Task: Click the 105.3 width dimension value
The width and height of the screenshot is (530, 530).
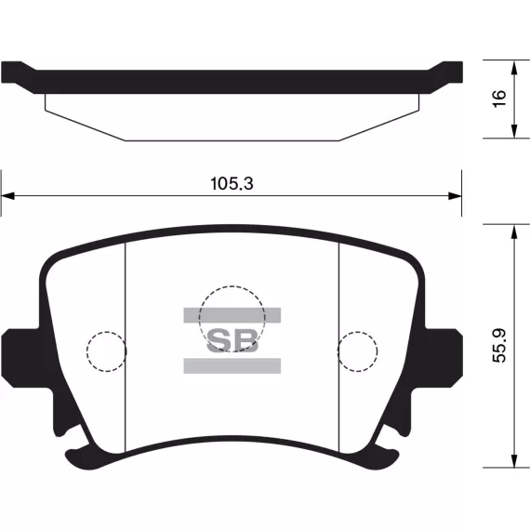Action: point(232,183)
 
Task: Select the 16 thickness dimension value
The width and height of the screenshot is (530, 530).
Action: point(499,99)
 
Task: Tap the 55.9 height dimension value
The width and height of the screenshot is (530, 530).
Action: point(499,346)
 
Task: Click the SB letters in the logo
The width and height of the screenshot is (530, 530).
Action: point(232,340)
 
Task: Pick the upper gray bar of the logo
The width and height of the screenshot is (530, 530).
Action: point(232,315)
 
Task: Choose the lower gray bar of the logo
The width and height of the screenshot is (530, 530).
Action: point(232,365)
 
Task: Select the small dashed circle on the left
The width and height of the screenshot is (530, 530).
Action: point(86,351)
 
